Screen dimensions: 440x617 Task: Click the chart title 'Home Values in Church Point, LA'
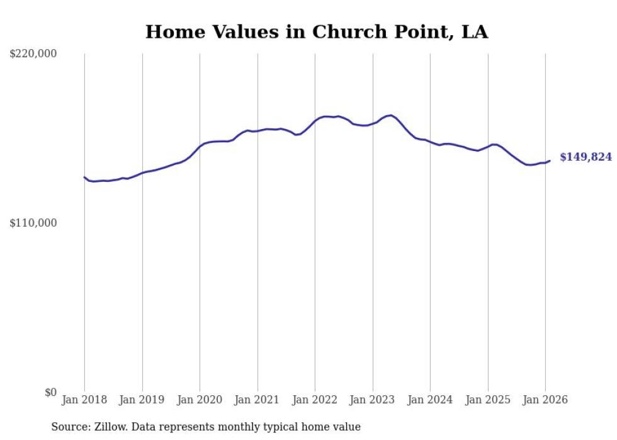317,31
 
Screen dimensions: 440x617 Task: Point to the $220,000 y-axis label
33,55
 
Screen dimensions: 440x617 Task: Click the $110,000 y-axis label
33,223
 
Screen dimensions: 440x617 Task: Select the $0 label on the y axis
50,393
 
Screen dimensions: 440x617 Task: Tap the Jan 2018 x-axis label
84,400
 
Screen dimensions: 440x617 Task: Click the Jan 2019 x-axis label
142,400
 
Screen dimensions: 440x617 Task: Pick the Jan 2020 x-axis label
200,400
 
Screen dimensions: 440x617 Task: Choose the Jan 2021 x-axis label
258,400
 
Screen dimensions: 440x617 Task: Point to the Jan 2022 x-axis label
315,400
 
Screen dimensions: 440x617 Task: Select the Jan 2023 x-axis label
373,400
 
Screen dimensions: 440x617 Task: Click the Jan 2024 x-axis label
430,400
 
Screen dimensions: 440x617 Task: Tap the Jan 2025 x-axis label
488,400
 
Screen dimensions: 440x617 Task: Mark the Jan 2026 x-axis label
545,400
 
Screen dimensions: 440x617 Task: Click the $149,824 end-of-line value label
585,157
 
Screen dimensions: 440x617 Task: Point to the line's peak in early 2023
391,115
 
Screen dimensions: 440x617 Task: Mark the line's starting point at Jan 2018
84,177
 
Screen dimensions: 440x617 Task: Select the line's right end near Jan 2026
550,161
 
